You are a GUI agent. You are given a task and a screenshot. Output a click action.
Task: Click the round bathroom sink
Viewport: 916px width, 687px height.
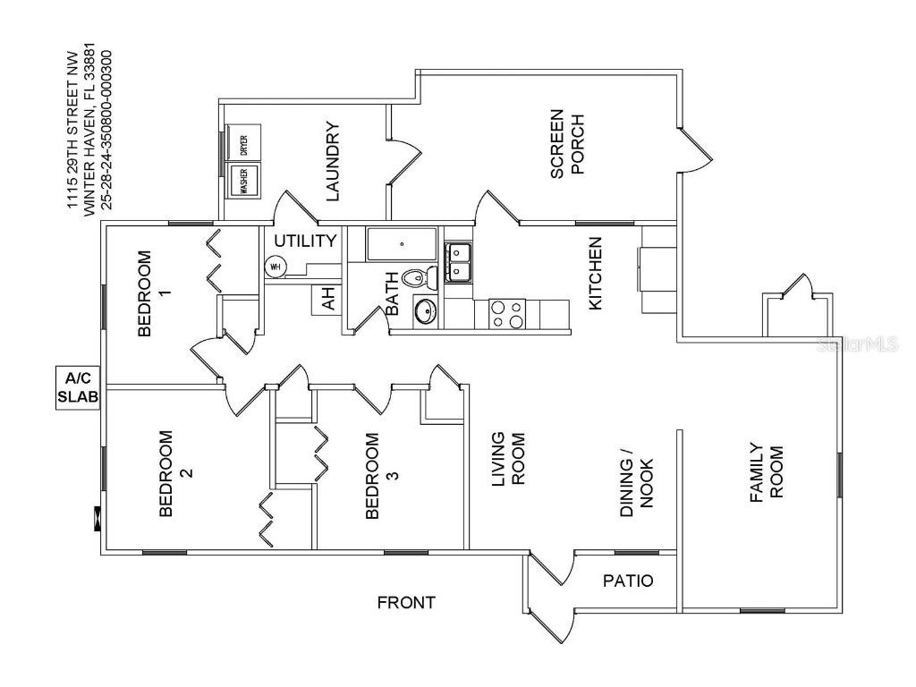(x=425, y=311)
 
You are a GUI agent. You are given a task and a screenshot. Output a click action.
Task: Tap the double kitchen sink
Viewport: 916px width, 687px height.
(x=460, y=262)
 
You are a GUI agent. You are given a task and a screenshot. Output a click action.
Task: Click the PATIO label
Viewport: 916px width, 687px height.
(x=627, y=581)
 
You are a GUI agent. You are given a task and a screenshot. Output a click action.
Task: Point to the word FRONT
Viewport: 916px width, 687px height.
(x=406, y=602)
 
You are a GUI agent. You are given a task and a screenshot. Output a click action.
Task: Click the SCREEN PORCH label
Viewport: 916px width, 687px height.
(x=567, y=143)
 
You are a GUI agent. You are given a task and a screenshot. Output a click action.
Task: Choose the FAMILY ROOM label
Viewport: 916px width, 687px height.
(x=766, y=471)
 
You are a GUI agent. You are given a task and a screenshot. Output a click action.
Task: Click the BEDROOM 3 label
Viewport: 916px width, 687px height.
(x=382, y=475)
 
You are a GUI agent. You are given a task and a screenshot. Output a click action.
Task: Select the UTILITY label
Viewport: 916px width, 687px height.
(x=304, y=241)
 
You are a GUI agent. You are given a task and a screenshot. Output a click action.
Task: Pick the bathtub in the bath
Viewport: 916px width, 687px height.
(x=402, y=243)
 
